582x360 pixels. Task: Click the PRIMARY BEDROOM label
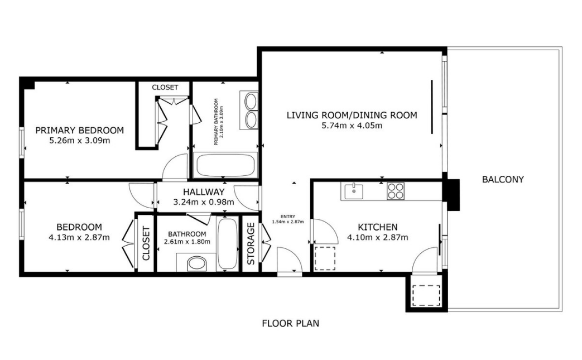point(79,130)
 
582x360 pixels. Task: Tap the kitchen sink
point(354,191)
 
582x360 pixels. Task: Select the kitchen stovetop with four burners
point(395,191)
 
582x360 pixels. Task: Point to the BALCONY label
point(503,180)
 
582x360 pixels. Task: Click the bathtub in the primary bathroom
point(225,165)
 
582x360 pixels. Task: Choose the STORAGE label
point(251,243)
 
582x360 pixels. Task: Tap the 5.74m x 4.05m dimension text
point(352,126)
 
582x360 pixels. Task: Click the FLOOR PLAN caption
point(290,323)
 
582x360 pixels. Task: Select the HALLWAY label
point(204,192)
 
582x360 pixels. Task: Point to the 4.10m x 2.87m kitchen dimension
point(377,237)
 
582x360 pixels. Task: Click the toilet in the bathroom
point(196,263)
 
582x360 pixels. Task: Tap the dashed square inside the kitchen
point(325,258)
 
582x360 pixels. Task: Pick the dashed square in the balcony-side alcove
point(426,295)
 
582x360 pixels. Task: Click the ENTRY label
point(288,217)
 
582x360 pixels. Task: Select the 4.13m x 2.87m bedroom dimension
point(79,237)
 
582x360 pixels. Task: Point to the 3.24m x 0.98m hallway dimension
point(204,202)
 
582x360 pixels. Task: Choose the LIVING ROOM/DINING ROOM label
point(352,115)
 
